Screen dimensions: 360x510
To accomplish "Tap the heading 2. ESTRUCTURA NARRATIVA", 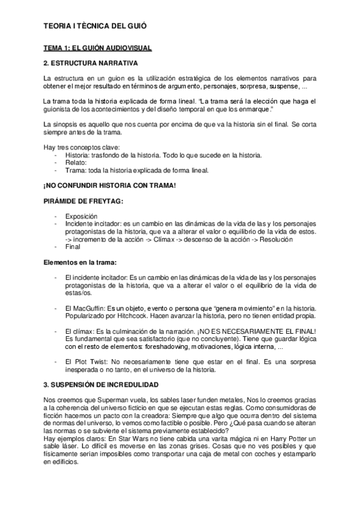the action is coord(91,63).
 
